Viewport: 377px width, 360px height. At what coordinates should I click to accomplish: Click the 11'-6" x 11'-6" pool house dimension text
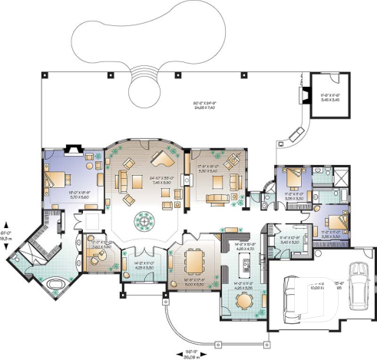[x=328, y=96]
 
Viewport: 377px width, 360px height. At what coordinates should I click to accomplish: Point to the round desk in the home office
[x=98, y=257]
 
